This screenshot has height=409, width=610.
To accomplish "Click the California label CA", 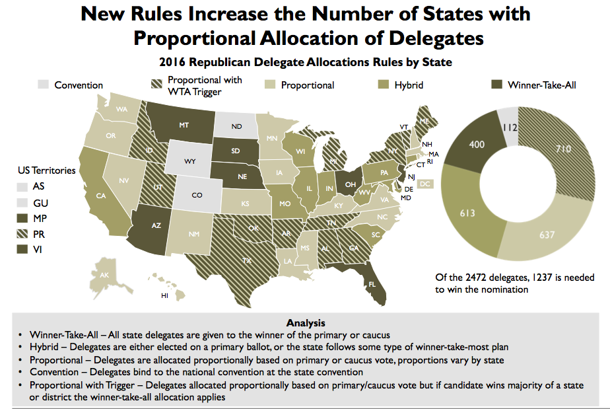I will click(x=100, y=196).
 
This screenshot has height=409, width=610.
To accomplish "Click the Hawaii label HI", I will click(x=164, y=295).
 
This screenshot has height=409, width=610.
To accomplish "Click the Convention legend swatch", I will click(x=44, y=85).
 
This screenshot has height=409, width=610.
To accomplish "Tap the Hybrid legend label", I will click(x=409, y=85).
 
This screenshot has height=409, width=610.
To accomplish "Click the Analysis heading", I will click(x=305, y=323).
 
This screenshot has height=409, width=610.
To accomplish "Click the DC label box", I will click(x=426, y=183).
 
